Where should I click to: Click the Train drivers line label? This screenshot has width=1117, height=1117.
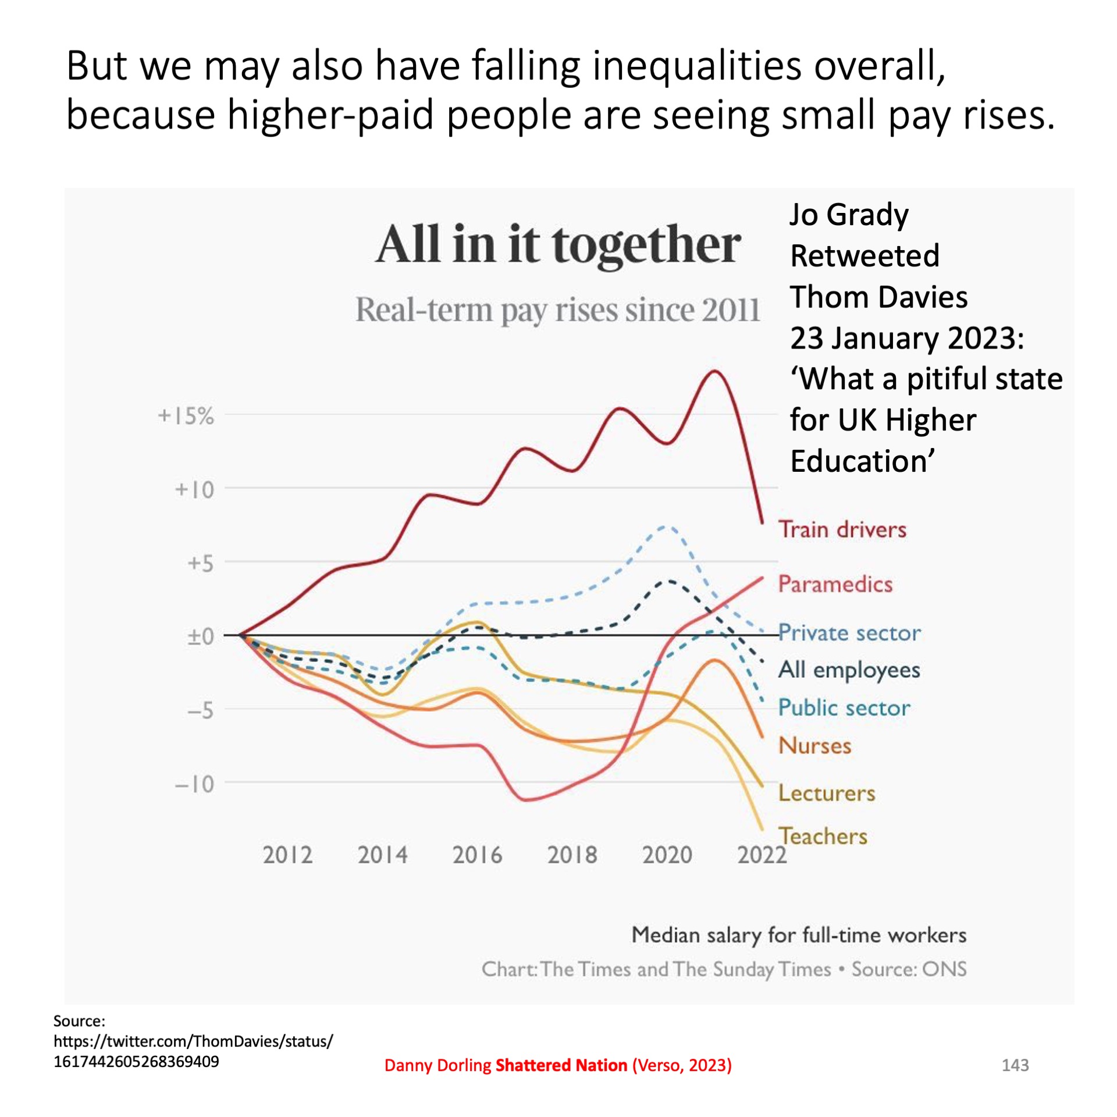tap(842, 529)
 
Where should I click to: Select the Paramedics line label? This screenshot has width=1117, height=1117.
tap(835, 584)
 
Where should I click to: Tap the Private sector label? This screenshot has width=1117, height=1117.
tap(849, 633)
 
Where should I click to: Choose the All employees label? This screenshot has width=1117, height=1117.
tap(849, 670)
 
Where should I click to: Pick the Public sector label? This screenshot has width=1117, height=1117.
tap(844, 708)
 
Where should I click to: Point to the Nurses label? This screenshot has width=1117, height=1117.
tap(814, 746)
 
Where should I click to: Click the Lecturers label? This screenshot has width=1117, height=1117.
tap(826, 794)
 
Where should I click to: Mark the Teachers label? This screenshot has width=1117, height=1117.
tap(823, 837)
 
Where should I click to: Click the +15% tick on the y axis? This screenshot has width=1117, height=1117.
tap(186, 416)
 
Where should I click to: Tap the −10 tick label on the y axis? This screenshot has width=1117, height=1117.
tap(194, 784)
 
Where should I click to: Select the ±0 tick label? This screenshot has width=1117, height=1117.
tap(200, 636)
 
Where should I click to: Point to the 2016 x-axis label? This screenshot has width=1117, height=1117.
tap(477, 855)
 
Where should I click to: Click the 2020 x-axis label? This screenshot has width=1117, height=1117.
tap(667, 855)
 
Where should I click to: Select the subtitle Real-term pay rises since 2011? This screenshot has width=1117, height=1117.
tap(557, 310)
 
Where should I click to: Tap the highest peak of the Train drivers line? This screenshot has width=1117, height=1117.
tap(714, 371)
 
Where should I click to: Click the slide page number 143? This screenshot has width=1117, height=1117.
tap(1015, 1065)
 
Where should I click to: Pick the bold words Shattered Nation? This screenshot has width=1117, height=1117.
tap(561, 1065)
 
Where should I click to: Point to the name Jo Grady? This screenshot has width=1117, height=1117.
tap(849, 215)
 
